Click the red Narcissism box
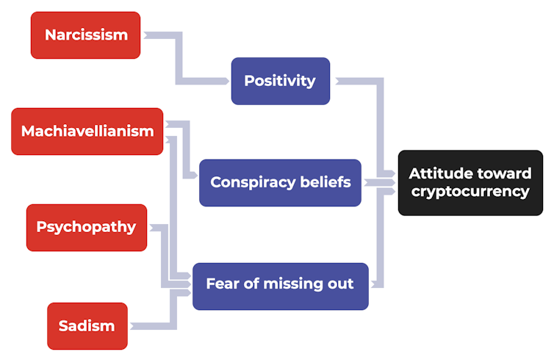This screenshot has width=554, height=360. [85, 35]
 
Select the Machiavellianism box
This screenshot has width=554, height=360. [87, 132]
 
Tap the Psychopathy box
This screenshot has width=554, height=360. [86, 227]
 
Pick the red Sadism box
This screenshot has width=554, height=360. [87, 325]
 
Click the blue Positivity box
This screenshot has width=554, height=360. [280, 81]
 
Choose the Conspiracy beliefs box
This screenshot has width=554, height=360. [280, 182]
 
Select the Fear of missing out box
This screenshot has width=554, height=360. [280, 285]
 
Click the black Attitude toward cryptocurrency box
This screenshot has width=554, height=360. [470, 183]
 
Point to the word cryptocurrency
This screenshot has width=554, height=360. [470, 192]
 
